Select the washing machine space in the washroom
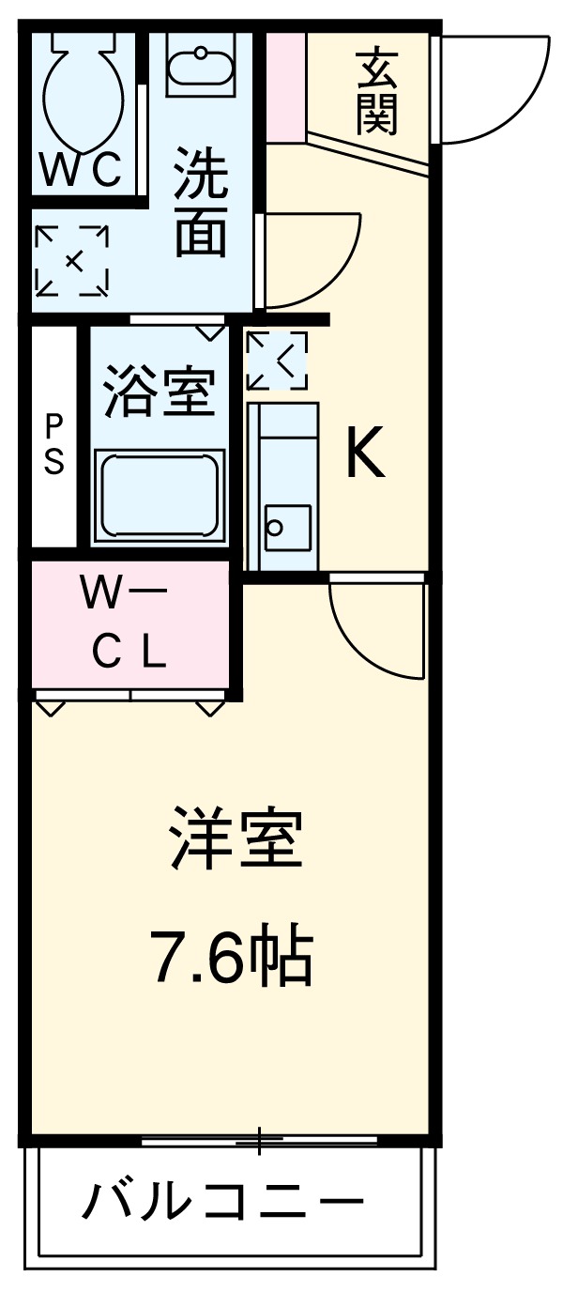click(72, 260)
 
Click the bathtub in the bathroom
click(160, 494)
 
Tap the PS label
click(54, 445)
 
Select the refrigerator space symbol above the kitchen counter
click(276, 361)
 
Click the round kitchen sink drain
click(274, 528)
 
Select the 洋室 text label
click(236, 838)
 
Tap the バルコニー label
click(222, 1201)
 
